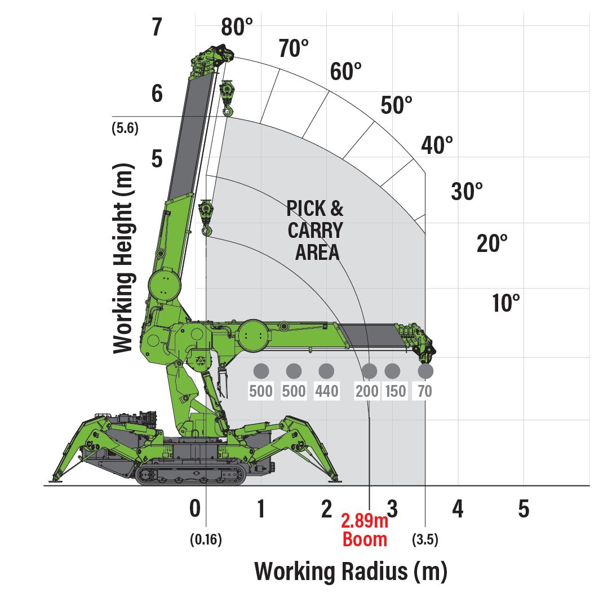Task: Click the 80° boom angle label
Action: click(237, 27)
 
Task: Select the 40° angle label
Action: click(437, 145)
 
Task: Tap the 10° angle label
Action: click(506, 303)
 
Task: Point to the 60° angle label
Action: click(345, 72)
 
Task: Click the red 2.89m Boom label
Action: click(365, 530)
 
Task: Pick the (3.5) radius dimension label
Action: click(425, 540)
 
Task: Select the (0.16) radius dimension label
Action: click(206, 540)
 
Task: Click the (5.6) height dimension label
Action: click(125, 128)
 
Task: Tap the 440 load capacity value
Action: click(327, 391)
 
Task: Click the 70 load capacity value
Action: click(425, 391)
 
